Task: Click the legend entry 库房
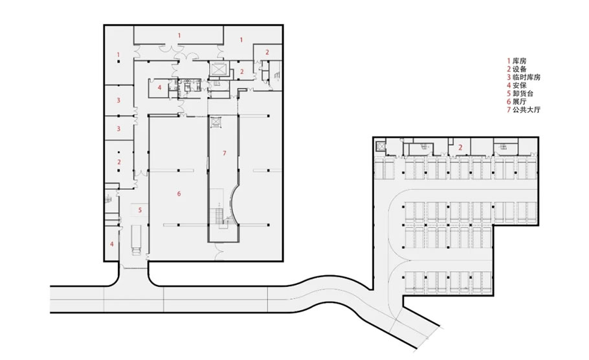517,61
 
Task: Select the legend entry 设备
517,69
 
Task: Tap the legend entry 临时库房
524,78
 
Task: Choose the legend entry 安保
517,85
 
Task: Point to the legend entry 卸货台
520,94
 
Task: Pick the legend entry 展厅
517,102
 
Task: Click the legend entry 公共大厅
524,110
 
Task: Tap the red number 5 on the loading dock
140,210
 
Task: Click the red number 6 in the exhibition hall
179,194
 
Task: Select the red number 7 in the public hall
224,153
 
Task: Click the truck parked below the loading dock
136,240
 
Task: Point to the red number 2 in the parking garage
460,148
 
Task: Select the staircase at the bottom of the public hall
218,218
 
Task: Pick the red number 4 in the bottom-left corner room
111,244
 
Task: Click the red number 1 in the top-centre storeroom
179,36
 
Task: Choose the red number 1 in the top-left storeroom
118,55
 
